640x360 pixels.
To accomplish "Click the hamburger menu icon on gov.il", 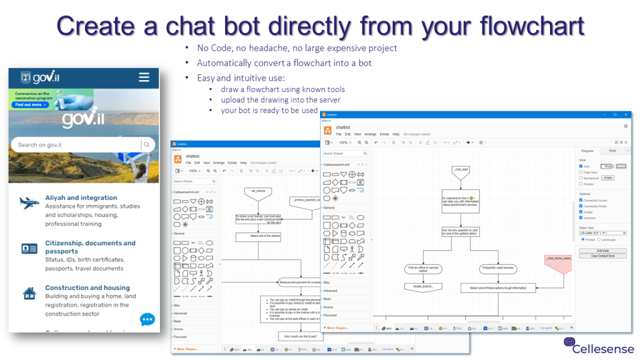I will coord(144,77).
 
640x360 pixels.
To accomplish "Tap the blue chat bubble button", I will coord(147,319).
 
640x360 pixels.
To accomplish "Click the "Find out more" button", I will coord(30,104).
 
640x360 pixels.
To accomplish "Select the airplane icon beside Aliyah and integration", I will coord(29,202).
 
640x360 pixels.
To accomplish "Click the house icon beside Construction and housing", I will coord(29,292).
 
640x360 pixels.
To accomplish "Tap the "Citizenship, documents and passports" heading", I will coord(90,247).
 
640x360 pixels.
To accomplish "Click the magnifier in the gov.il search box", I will coord(146,145).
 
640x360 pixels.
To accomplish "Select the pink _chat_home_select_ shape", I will coord(558,262).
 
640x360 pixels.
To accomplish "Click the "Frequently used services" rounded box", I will coord(498,268).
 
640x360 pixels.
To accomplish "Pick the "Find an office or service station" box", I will coord(423,269).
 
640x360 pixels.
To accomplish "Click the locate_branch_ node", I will coord(423,287).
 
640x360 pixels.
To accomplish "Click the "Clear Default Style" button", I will coord(603,256).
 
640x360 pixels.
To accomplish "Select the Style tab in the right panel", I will coord(612,151).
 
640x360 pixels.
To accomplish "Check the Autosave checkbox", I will coord(581,217).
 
